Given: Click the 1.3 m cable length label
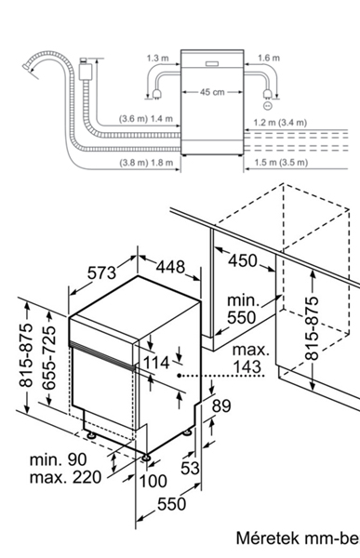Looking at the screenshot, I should tap(158, 58).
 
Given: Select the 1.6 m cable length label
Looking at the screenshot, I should tap(268, 58).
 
